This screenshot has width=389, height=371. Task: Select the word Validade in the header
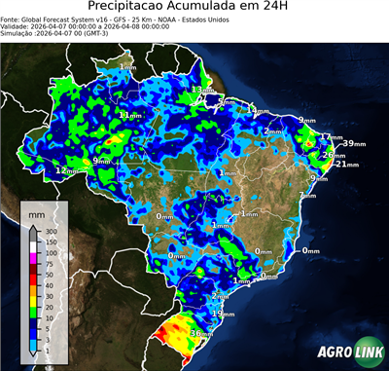[16, 28]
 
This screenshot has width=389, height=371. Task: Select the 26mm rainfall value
[332, 155]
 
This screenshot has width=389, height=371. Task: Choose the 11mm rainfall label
[127, 115]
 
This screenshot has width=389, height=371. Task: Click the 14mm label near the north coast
[256, 110]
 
